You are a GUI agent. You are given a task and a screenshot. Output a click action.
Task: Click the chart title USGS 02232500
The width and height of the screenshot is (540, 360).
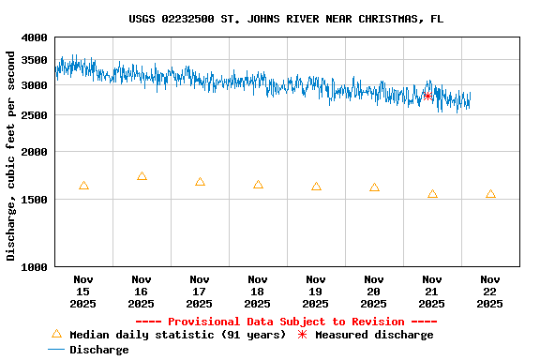[x=286, y=19]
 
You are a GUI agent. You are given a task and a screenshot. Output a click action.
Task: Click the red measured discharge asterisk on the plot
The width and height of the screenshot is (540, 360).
[x=427, y=95]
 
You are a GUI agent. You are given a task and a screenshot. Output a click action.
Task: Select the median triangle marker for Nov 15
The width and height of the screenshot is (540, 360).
[x=83, y=186]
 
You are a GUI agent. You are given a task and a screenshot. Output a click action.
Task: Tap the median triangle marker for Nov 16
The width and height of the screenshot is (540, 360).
[x=142, y=176]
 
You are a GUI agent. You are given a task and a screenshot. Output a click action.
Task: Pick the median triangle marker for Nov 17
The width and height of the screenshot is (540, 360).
[x=200, y=182]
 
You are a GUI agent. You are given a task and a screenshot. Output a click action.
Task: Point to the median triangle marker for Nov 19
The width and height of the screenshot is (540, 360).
[x=316, y=187]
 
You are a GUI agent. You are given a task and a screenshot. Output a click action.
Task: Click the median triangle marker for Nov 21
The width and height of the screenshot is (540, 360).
[x=432, y=194]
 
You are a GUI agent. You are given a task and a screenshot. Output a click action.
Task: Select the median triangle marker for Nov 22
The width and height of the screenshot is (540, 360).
[x=490, y=194]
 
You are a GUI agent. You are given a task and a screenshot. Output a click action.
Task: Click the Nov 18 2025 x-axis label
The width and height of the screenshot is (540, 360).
[x=258, y=292]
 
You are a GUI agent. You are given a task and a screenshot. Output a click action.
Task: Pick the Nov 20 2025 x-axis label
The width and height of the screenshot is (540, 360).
[x=374, y=292]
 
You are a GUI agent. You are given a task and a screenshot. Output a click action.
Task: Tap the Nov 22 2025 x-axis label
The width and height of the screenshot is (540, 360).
[x=490, y=292]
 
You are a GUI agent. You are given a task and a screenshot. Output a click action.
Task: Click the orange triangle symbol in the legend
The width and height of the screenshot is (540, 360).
[x=56, y=334]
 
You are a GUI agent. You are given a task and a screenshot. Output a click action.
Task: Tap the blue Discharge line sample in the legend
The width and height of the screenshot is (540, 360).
[x=56, y=350]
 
